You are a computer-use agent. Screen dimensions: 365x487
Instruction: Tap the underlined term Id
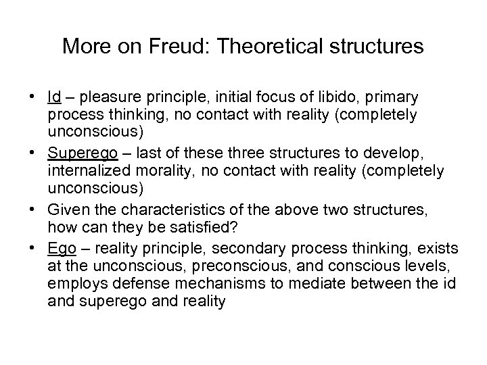[54, 97]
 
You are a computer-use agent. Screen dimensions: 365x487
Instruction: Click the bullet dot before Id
[32, 97]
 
